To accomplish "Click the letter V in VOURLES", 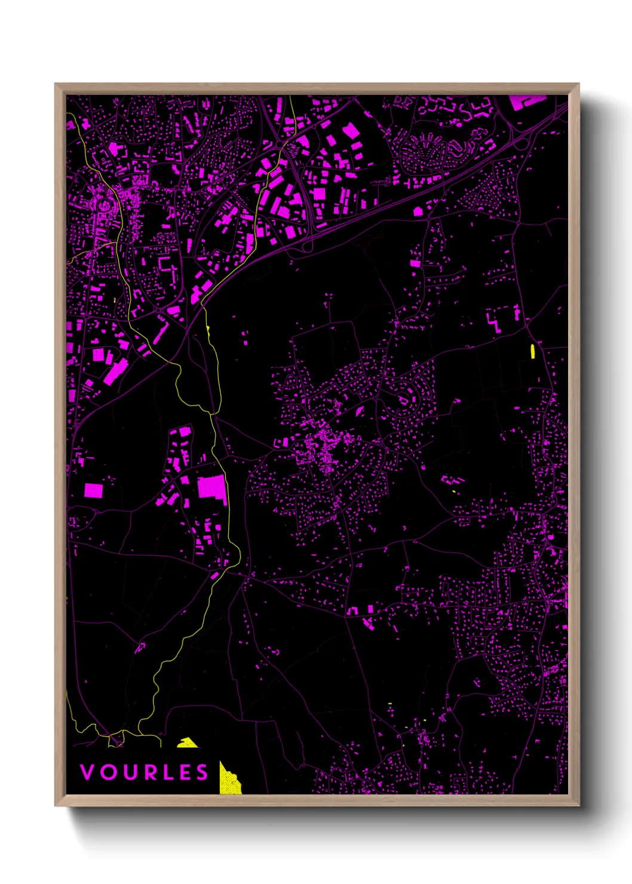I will (87, 772).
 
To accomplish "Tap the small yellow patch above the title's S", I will (188, 743).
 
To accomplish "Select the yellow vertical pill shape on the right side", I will (533, 351).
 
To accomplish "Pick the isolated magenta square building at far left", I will (93, 490).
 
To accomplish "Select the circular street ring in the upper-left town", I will (105, 205).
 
